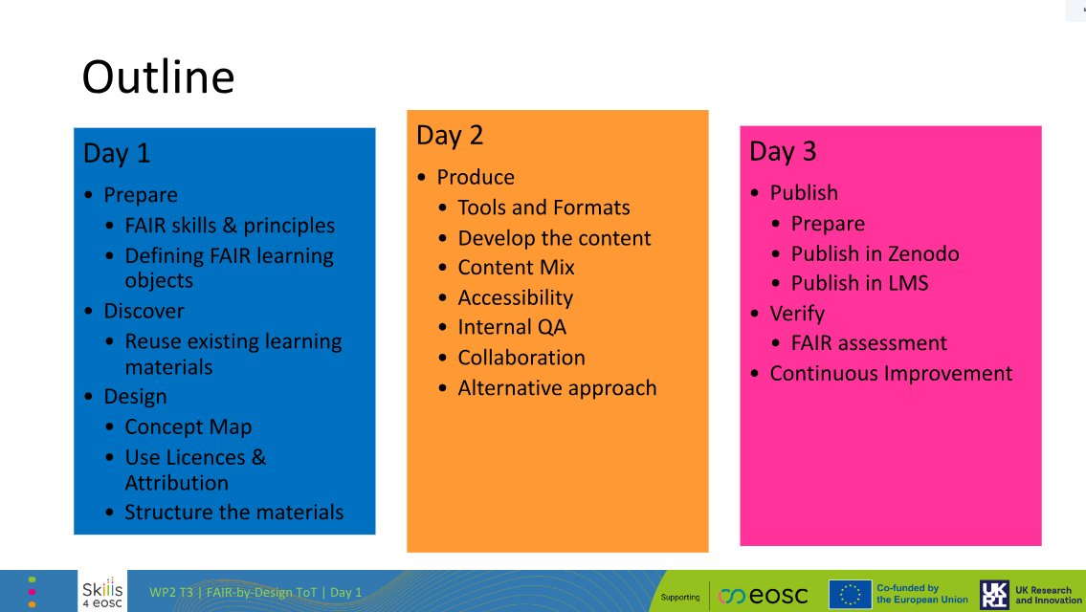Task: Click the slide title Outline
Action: pos(158,77)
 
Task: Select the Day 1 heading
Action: pos(117,154)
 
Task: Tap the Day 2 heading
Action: pos(450,136)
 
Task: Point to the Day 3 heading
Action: pos(783,152)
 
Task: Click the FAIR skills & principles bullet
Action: pos(230,226)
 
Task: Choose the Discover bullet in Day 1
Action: pos(144,311)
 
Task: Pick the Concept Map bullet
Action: pos(188,426)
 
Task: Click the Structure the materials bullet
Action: pos(233,512)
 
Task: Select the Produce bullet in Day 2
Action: pos(476,177)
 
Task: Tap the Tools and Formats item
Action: pos(543,208)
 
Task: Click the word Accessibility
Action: pos(515,297)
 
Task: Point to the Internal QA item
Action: pos(512,327)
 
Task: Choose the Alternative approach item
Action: pos(557,388)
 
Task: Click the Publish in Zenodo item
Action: pos(875,253)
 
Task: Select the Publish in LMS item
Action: pos(859,283)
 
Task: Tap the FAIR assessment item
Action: pos(869,342)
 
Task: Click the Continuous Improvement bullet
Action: pos(891,373)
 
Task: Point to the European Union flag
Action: pos(849,595)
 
